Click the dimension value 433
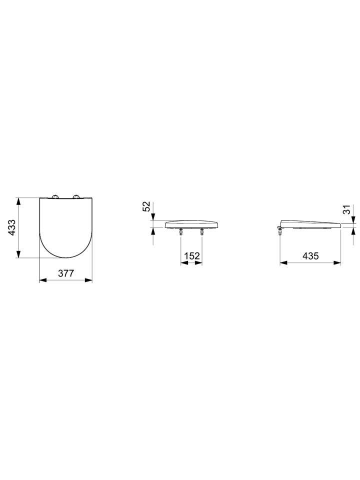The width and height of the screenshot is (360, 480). [x=11, y=227]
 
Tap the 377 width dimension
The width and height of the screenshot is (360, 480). [x=66, y=273]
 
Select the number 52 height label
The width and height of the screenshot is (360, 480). [x=146, y=206]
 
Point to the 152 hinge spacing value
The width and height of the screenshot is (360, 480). [x=191, y=256]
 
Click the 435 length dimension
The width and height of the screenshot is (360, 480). [x=310, y=255]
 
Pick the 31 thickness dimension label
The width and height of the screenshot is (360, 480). [x=346, y=210]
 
